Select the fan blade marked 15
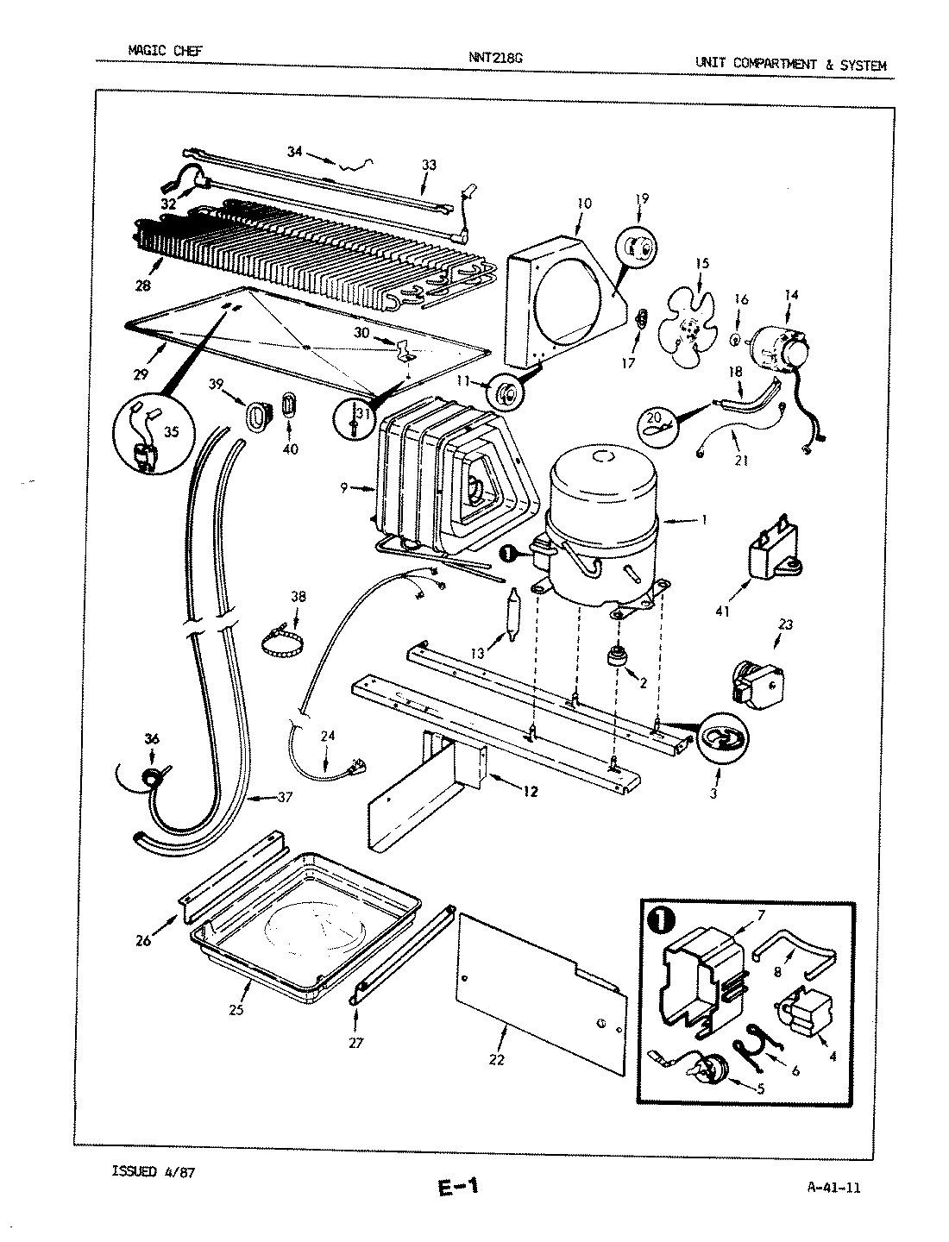pyautogui.click(x=687, y=328)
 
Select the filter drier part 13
pyautogui.click(x=512, y=613)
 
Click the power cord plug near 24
pyautogui.click(x=354, y=764)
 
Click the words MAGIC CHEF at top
pyautogui.click(x=165, y=50)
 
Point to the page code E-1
pyautogui.click(x=457, y=1188)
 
